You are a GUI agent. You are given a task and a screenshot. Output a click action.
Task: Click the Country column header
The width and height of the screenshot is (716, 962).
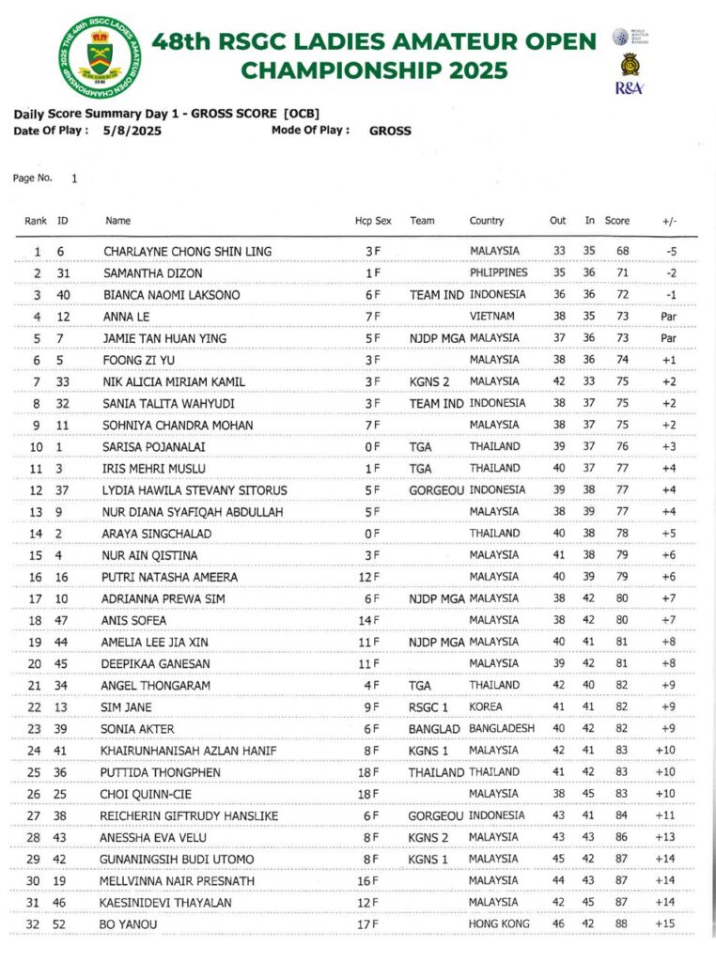coord(487,221)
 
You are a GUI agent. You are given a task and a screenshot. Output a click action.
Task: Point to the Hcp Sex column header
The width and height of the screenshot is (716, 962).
coord(373,221)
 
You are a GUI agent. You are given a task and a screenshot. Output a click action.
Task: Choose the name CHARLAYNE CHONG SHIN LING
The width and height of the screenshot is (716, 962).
coord(188,251)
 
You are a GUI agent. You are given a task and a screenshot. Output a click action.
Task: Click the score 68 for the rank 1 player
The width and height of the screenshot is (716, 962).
coord(616,251)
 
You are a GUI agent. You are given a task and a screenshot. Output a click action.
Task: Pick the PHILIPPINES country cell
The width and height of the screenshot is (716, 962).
coord(499,272)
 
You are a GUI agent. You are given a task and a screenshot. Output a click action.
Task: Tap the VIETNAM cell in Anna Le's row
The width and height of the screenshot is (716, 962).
coord(492,316)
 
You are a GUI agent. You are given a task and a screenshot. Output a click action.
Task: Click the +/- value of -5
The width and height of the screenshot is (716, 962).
coord(670,251)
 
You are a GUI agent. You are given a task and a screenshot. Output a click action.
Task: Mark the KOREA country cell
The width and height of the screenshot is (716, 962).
coord(486,706)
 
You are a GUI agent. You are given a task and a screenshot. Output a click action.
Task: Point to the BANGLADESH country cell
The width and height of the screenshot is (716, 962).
coord(503,728)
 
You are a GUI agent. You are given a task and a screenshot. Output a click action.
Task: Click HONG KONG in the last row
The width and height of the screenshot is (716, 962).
coord(499,923)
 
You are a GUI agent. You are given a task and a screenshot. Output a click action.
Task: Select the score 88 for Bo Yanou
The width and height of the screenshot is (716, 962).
coord(616,923)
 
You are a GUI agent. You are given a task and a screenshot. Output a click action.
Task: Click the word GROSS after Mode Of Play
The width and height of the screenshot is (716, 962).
coord(390,131)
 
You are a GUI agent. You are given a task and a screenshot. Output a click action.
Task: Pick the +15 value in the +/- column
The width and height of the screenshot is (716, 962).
coord(666,923)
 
